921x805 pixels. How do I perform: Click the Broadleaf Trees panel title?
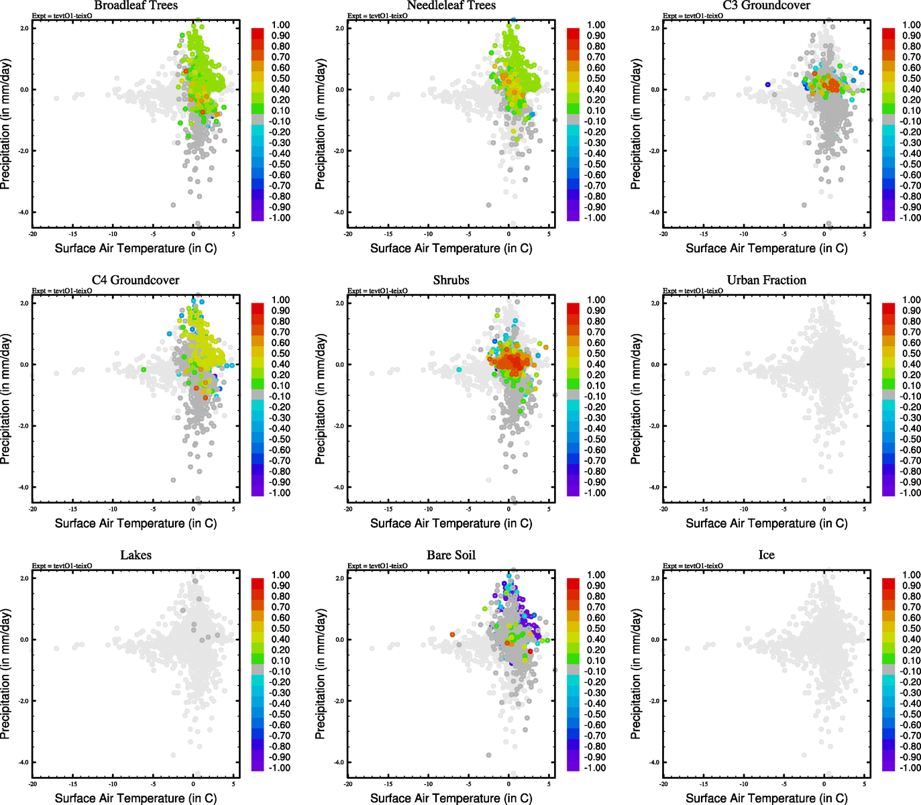(x=136, y=5)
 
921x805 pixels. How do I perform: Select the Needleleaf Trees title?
(x=451, y=5)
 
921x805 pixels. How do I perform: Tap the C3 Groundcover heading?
(x=766, y=5)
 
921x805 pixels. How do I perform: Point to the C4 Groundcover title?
(x=136, y=280)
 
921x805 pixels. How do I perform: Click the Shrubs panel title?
(x=451, y=280)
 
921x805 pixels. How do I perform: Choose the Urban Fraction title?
(x=766, y=280)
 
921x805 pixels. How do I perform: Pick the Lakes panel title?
(x=136, y=555)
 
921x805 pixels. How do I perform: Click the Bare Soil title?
(x=451, y=555)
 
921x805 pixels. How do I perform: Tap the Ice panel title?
(x=766, y=555)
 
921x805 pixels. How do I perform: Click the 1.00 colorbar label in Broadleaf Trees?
(x=280, y=25)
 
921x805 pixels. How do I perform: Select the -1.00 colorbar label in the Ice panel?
(x=910, y=767)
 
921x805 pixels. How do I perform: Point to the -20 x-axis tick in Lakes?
(x=32, y=784)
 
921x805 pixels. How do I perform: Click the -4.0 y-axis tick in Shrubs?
(x=339, y=487)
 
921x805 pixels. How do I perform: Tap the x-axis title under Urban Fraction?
(x=766, y=523)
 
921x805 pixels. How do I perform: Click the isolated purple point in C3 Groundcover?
(x=767, y=84)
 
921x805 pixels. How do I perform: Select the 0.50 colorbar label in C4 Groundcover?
(x=280, y=354)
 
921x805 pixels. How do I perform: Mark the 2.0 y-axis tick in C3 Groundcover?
(x=655, y=28)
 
